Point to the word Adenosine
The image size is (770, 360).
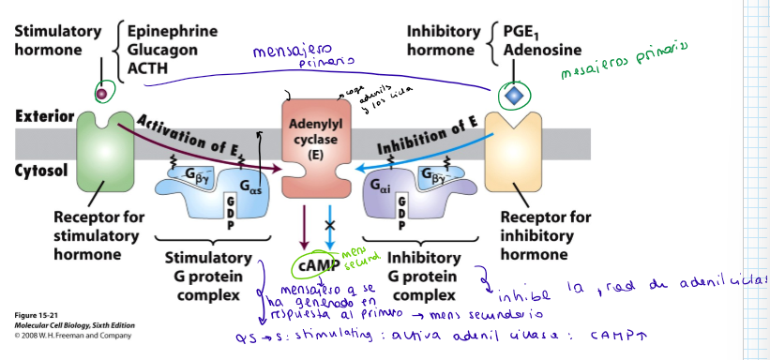pyautogui.click(x=542, y=49)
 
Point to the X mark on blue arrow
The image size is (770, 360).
pyautogui.click(x=328, y=227)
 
